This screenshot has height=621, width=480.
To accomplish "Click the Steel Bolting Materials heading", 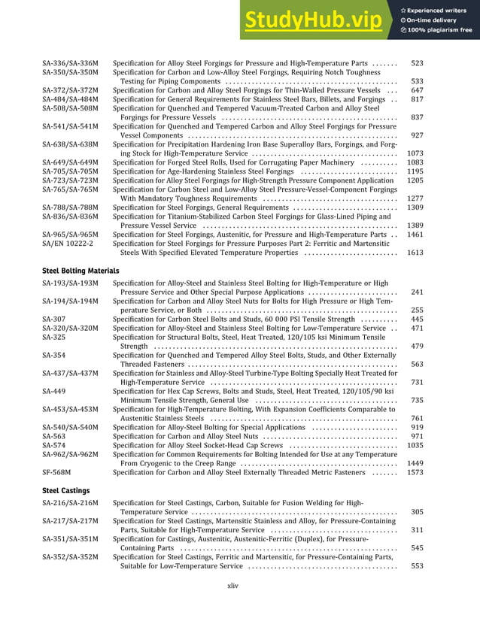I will click(81, 270).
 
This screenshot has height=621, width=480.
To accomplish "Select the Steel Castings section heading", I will click(65, 490).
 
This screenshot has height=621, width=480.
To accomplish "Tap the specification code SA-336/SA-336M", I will click(70, 64).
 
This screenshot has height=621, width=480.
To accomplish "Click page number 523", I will click(417, 64).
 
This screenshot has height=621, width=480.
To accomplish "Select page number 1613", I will click(415, 253).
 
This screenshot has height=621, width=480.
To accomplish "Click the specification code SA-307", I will click(53, 319).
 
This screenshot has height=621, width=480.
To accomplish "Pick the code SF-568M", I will click(56, 472).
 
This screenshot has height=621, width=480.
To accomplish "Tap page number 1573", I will click(415, 472).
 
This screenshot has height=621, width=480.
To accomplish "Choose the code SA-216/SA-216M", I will click(70, 502).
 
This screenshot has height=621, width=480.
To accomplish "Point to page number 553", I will click(417, 566).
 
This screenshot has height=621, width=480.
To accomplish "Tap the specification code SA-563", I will click(53, 436).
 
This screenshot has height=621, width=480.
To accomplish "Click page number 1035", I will click(415, 445).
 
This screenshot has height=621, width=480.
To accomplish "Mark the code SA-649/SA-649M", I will click(70, 162).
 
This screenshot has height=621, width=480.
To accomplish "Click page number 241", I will click(417, 292).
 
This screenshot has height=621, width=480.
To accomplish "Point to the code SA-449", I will click(53, 391).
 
